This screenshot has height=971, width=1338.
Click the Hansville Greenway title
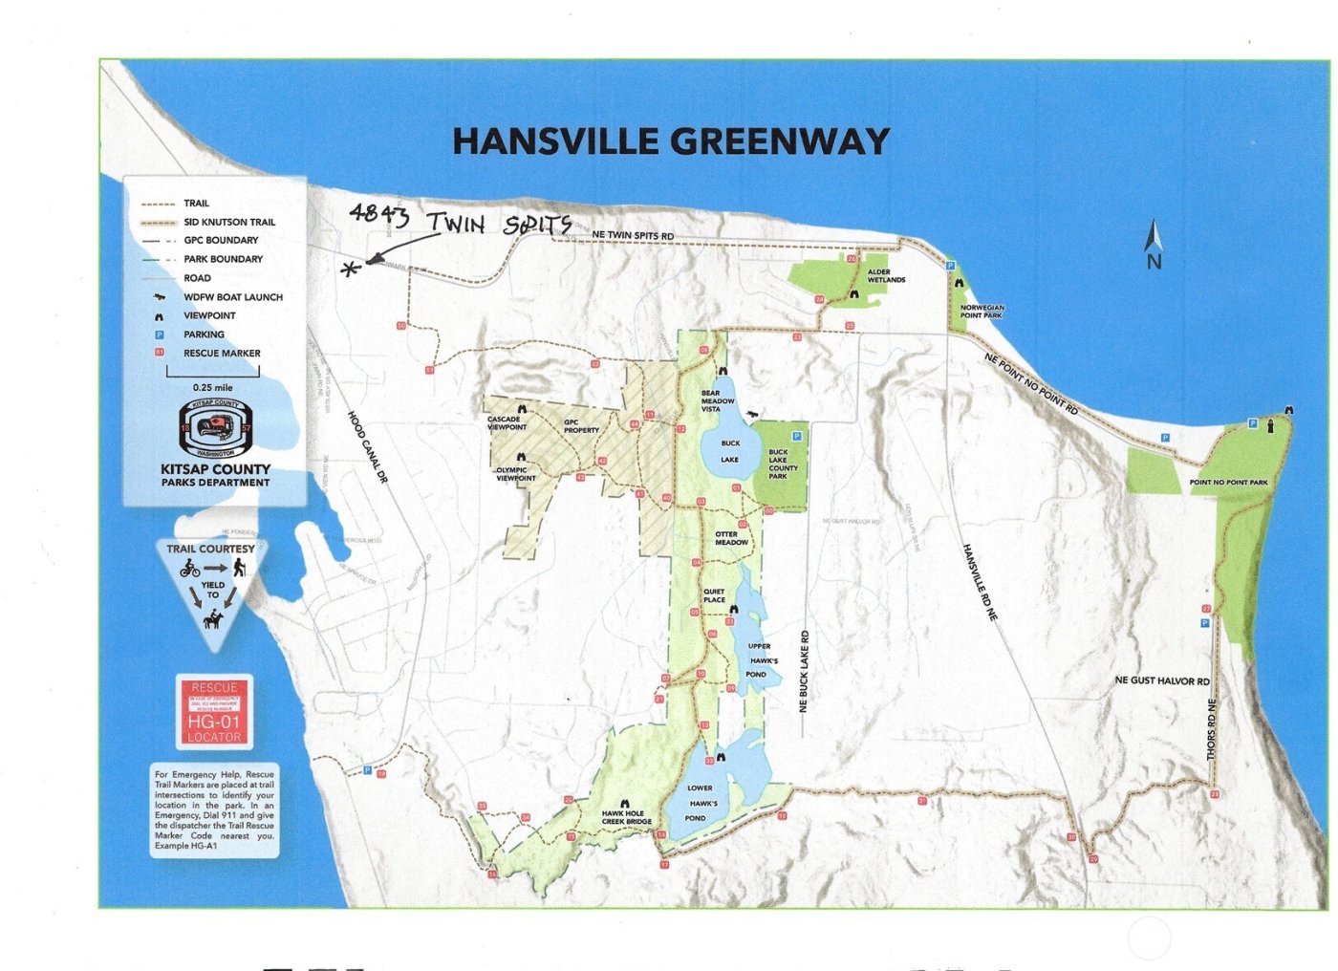(670, 141)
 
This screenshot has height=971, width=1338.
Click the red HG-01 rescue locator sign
(214, 712)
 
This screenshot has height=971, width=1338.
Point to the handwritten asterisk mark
(351, 270)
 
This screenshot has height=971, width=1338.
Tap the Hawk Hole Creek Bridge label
(626, 818)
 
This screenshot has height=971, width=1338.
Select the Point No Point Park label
(1228, 483)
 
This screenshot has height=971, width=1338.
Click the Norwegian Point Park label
(982, 312)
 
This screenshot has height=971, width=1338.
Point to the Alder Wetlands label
(885, 276)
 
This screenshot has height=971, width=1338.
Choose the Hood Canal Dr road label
(367, 447)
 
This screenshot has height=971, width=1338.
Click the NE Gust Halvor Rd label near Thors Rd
(1161, 680)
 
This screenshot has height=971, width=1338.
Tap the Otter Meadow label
(731, 539)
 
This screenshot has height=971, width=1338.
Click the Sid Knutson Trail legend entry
(229, 222)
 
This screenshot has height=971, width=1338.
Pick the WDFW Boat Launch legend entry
(232, 297)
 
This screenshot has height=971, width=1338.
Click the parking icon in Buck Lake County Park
(796, 436)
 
